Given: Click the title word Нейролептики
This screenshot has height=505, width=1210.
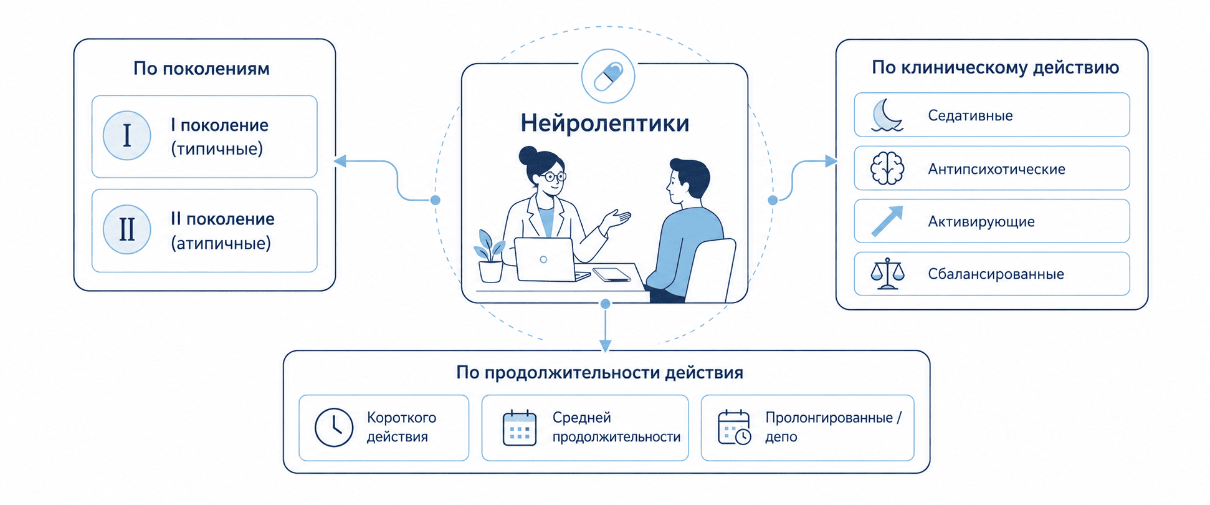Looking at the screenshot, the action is pyautogui.click(x=605, y=123).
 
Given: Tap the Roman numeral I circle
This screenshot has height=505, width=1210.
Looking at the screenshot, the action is pyautogui.click(x=127, y=135).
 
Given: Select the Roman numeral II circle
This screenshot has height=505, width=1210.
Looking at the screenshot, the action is pyautogui.click(x=127, y=229).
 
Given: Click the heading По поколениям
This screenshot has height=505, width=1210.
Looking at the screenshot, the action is pyautogui.click(x=201, y=68).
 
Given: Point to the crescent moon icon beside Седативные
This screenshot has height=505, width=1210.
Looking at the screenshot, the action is pyautogui.click(x=887, y=115).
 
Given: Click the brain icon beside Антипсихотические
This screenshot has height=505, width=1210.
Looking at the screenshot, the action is pyautogui.click(x=887, y=168).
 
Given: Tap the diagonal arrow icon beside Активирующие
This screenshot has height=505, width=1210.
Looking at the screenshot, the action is pyautogui.click(x=887, y=221).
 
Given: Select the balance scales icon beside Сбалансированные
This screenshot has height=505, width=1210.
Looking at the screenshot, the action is pyautogui.click(x=887, y=274).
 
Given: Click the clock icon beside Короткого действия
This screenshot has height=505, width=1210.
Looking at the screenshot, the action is pyautogui.click(x=334, y=428).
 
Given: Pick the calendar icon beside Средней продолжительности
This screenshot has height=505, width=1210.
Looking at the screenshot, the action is pyautogui.click(x=520, y=428).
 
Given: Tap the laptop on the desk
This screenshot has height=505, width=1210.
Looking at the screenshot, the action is pyautogui.click(x=548, y=261).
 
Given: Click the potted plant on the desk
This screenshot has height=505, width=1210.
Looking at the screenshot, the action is pyautogui.click(x=490, y=256).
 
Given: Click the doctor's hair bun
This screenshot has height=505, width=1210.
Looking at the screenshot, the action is pyautogui.click(x=528, y=155).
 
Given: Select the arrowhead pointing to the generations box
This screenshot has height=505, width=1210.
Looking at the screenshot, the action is pyautogui.click(x=340, y=161).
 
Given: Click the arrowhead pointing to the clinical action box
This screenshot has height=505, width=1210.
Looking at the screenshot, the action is pyautogui.click(x=831, y=161).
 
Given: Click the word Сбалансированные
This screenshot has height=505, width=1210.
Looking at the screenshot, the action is pyautogui.click(x=996, y=274).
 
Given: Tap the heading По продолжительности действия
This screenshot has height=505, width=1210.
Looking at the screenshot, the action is pyautogui.click(x=599, y=373).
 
